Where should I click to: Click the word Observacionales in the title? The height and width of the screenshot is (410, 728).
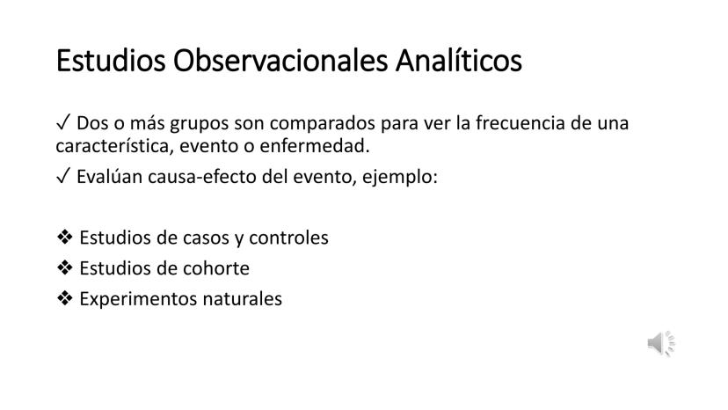click(x=280, y=61)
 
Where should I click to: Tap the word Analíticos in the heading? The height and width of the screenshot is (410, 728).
click(x=459, y=61)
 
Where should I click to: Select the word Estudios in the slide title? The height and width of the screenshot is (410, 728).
click(x=111, y=61)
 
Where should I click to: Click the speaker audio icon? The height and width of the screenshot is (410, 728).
click(x=661, y=344)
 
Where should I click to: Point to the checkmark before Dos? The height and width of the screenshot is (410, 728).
click(x=62, y=123)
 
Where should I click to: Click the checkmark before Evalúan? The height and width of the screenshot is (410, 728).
click(x=62, y=177)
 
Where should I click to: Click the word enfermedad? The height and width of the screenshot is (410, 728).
click(x=315, y=146)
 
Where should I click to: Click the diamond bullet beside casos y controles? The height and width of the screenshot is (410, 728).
click(x=65, y=237)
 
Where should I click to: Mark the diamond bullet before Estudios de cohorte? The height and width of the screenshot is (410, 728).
click(x=65, y=267)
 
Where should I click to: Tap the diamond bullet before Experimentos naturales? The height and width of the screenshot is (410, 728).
click(x=65, y=298)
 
